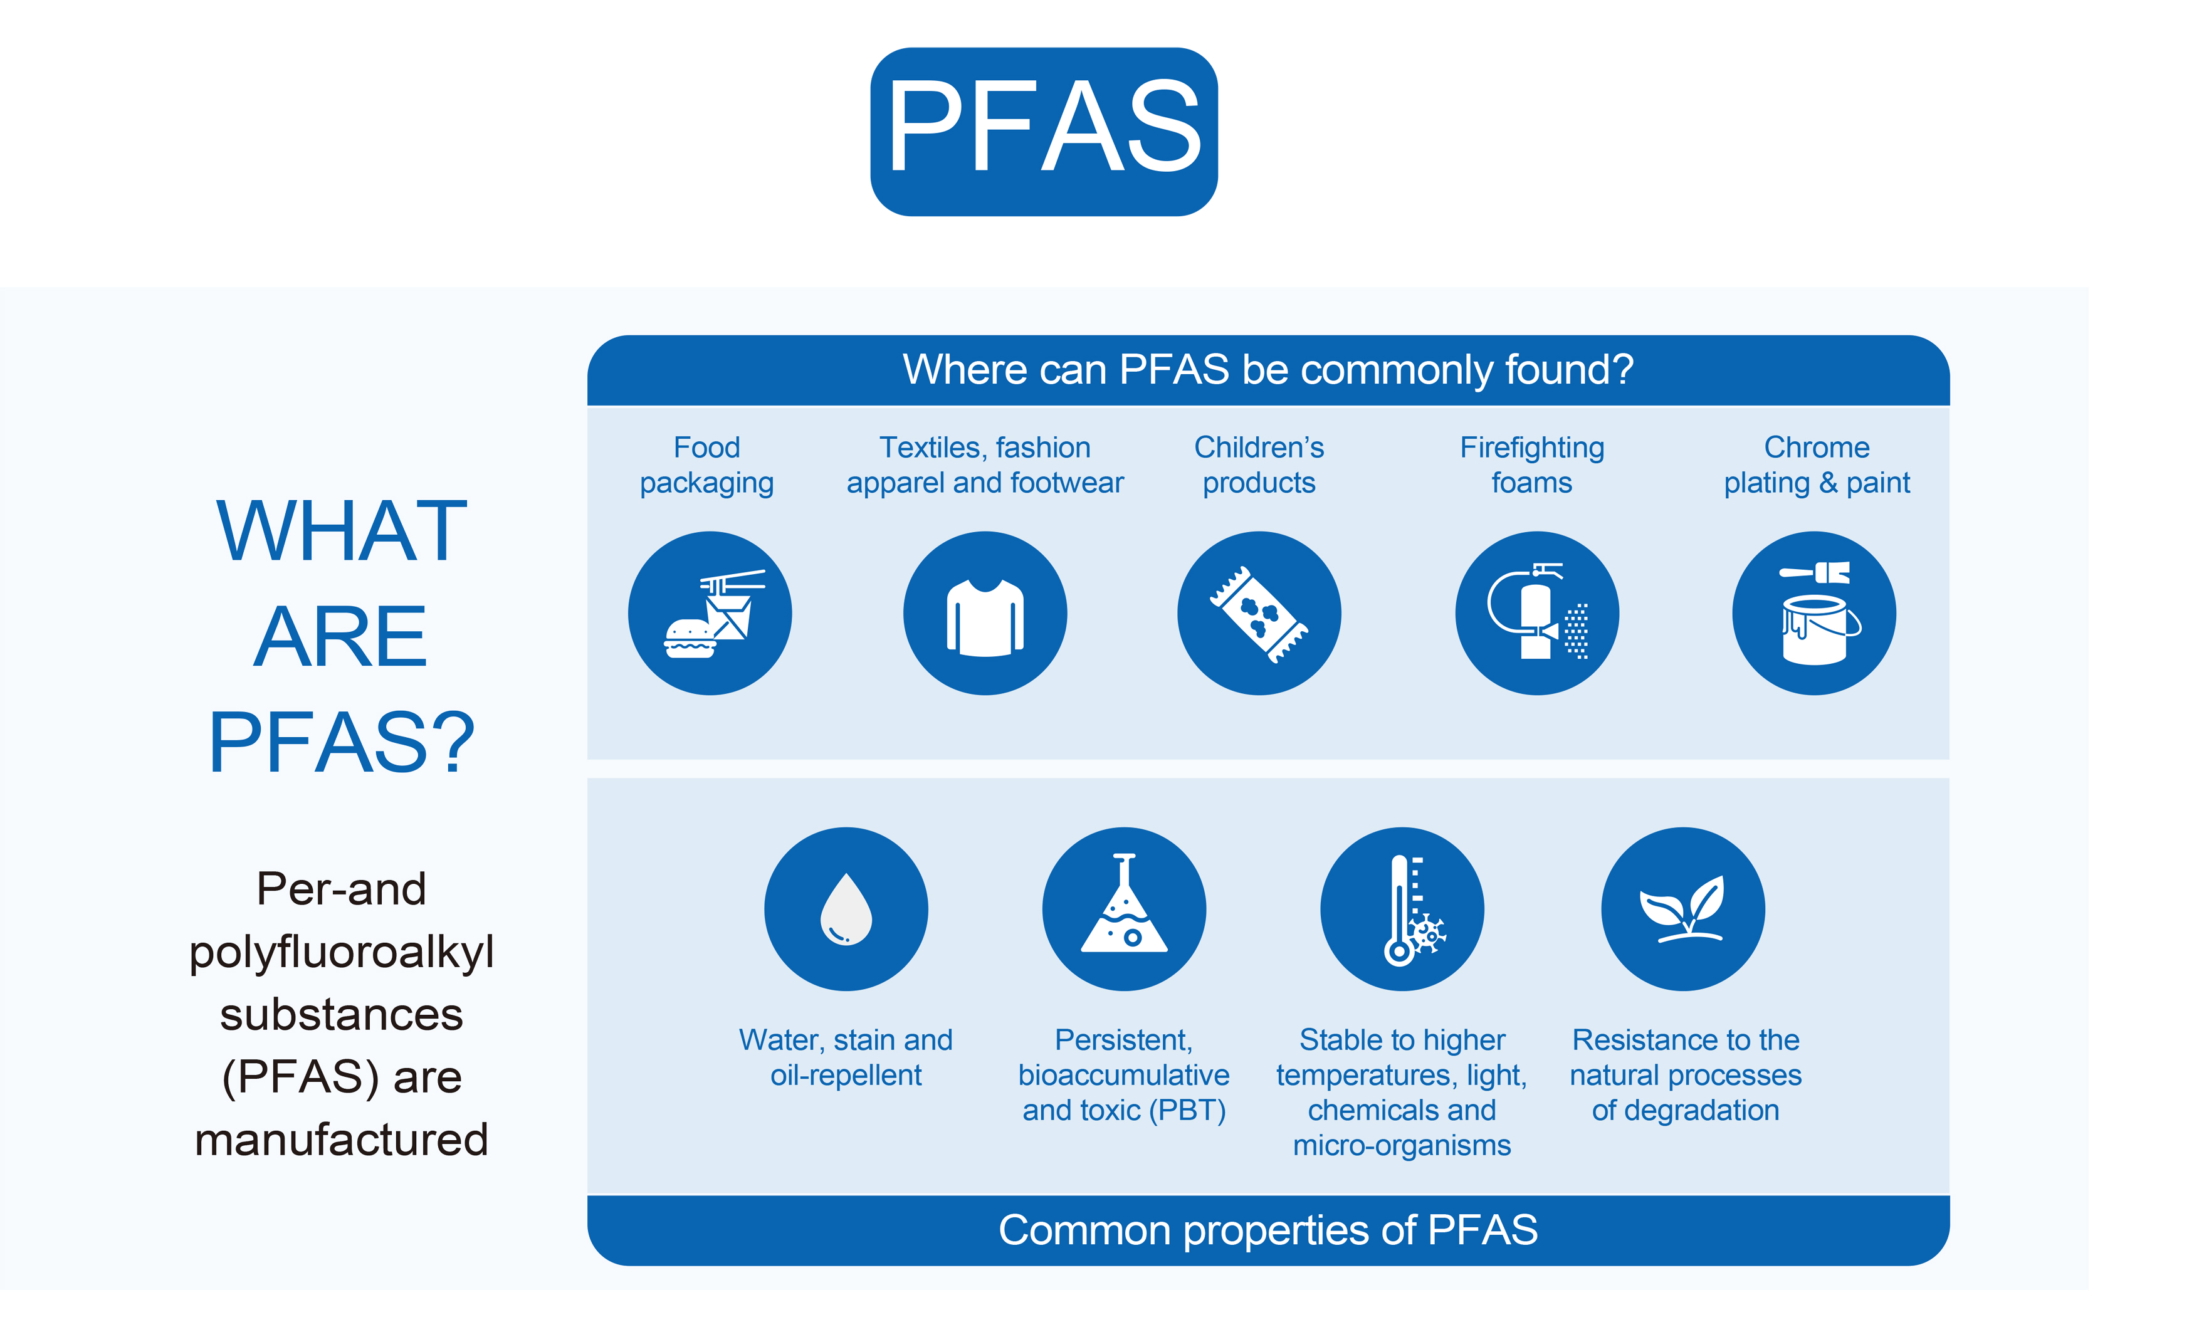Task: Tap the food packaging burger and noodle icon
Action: click(x=710, y=613)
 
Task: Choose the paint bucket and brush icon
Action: click(x=1813, y=613)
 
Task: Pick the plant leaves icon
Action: click(x=1682, y=909)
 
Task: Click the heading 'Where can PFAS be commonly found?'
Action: click(x=1267, y=369)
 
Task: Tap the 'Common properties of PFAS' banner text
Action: click(x=1267, y=1230)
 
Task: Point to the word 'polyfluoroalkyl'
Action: click(x=342, y=952)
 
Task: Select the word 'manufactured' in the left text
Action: click(x=342, y=1140)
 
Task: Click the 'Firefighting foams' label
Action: click(x=1531, y=464)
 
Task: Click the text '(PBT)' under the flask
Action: click(x=1187, y=1110)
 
